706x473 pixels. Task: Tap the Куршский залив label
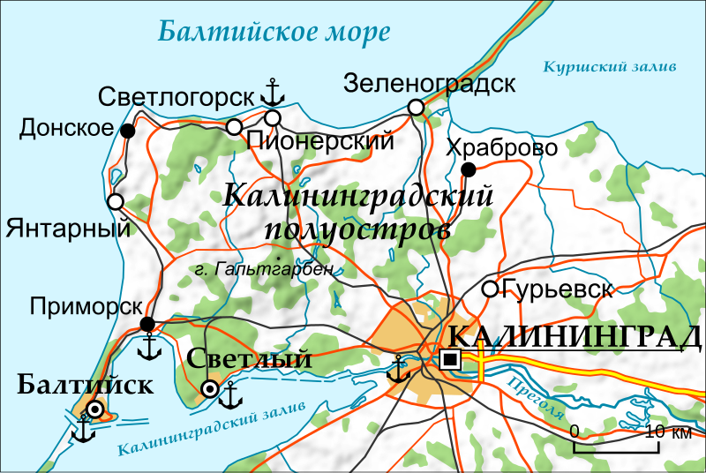point(610,66)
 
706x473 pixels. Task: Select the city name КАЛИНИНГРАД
point(574,337)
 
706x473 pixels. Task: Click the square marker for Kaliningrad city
point(451,358)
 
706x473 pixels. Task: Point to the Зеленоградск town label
point(430,84)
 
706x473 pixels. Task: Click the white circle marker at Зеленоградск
point(416,108)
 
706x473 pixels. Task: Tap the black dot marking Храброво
point(469,169)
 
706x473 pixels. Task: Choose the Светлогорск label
point(176,95)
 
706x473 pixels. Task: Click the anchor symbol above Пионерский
point(274,92)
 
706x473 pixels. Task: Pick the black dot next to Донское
point(128,131)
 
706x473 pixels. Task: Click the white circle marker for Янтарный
point(115,201)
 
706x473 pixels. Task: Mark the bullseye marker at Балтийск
point(94,409)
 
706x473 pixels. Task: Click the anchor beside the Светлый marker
point(231,395)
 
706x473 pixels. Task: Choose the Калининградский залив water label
point(208,429)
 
